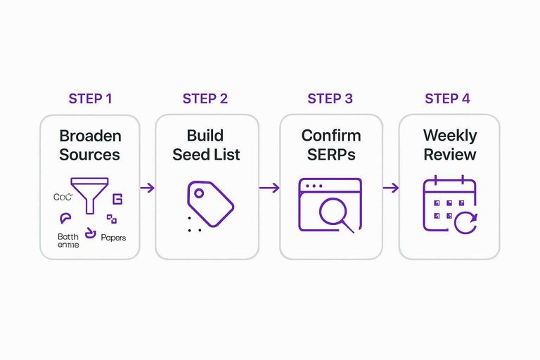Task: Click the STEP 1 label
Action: (x=90, y=98)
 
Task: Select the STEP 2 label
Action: (x=205, y=98)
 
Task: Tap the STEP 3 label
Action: (x=330, y=98)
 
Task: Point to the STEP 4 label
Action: (x=447, y=98)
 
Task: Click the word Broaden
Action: (x=90, y=136)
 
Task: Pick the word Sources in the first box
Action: (x=90, y=154)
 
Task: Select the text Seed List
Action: (x=206, y=154)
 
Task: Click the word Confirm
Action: (x=330, y=136)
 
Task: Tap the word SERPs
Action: (x=330, y=154)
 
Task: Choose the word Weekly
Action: (x=449, y=136)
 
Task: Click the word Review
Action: (x=449, y=154)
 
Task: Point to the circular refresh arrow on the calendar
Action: (x=465, y=223)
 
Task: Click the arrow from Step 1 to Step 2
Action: (x=147, y=188)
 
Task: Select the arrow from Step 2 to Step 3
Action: (x=269, y=188)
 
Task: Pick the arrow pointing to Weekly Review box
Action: (x=390, y=188)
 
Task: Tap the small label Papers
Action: (x=114, y=238)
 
